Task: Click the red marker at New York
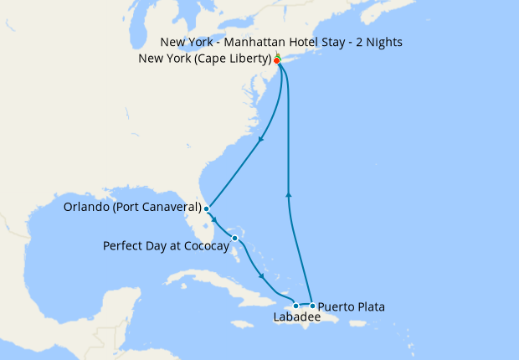tap(276, 60)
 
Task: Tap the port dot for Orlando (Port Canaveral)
tap(206, 208)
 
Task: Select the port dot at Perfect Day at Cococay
tap(235, 239)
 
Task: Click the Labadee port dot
tap(295, 306)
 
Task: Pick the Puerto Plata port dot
tap(312, 306)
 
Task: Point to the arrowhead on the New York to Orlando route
tap(261, 139)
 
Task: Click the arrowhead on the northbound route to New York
tap(289, 194)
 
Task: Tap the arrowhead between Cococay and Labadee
tap(264, 277)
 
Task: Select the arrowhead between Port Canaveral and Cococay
tap(215, 221)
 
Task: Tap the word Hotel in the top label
tap(302, 43)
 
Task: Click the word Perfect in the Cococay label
tap(123, 246)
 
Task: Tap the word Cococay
tap(202, 246)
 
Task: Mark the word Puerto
tap(336, 307)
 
